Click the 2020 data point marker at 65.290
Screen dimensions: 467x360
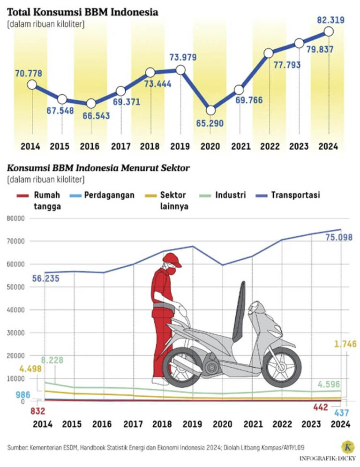(211, 110)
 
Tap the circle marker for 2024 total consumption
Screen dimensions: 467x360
(329, 31)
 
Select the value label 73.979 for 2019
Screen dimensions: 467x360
(183, 58)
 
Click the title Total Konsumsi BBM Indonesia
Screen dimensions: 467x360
(82, 13)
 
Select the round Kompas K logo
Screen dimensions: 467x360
(347, 446)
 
